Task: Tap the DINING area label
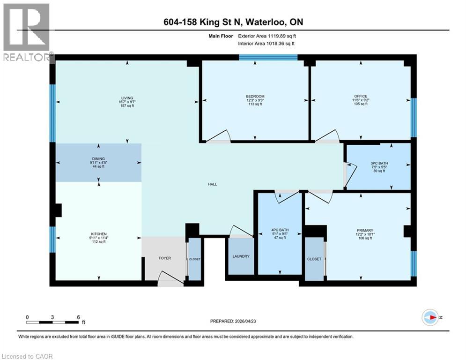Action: coord(98,159)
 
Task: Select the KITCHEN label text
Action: coord(99,234)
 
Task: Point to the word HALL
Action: coord(213,184)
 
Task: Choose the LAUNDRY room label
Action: coord(241,256)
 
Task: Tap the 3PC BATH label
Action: coord(379,164)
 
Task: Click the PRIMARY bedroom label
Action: coord(365,230)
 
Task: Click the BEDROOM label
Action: coord(255,97)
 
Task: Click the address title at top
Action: coord(233,22)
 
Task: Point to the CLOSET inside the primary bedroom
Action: coord(314,258)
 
